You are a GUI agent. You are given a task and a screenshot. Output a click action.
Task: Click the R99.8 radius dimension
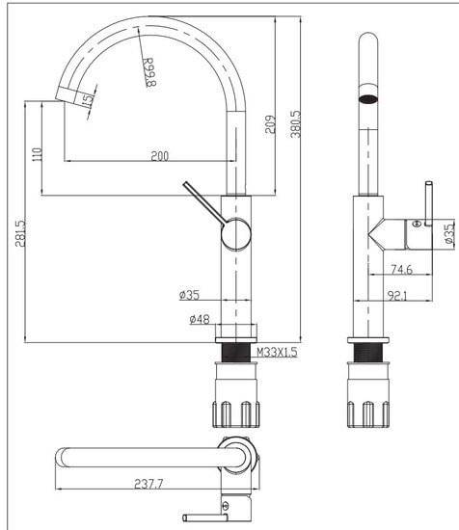(x=148, y=70)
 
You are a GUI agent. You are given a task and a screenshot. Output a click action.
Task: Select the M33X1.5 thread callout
(x=276, y=353)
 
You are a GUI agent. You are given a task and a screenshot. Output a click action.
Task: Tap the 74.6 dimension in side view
(x=401, y=270)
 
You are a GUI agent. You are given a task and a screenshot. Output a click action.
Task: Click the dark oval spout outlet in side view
(x=367, y=96)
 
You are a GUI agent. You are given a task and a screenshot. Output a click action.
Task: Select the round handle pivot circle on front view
(x=235, y=233)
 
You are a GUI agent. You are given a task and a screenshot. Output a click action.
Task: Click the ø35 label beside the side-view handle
(x=448, y=232)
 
